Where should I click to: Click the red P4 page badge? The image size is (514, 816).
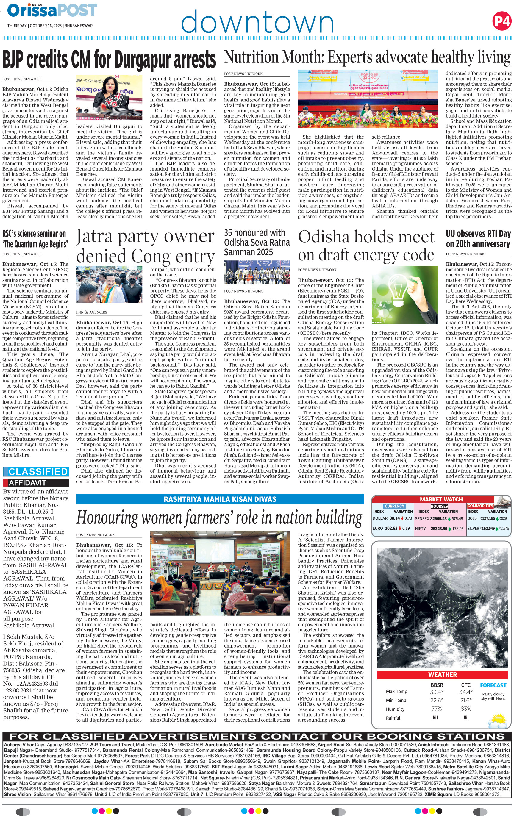[501, 21]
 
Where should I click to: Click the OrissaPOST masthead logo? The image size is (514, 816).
[52, 10]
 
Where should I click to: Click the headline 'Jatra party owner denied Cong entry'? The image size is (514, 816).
[145, 246]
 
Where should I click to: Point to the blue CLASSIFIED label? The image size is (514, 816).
[36, 472]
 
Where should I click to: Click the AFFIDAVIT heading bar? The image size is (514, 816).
[36, 483]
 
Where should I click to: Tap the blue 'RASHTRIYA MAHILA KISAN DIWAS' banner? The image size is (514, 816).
[220, 499]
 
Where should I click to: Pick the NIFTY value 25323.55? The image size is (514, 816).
[439, 529]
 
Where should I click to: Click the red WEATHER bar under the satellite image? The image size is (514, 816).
[443, 675]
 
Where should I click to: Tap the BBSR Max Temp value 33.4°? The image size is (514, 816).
[436, 692]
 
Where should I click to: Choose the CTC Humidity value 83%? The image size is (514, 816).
[466, 709]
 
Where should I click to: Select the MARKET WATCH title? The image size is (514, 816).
[441, 499]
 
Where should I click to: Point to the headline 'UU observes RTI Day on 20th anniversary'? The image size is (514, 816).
[478, 239]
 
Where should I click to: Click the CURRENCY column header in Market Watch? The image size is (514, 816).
[394, 506]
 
